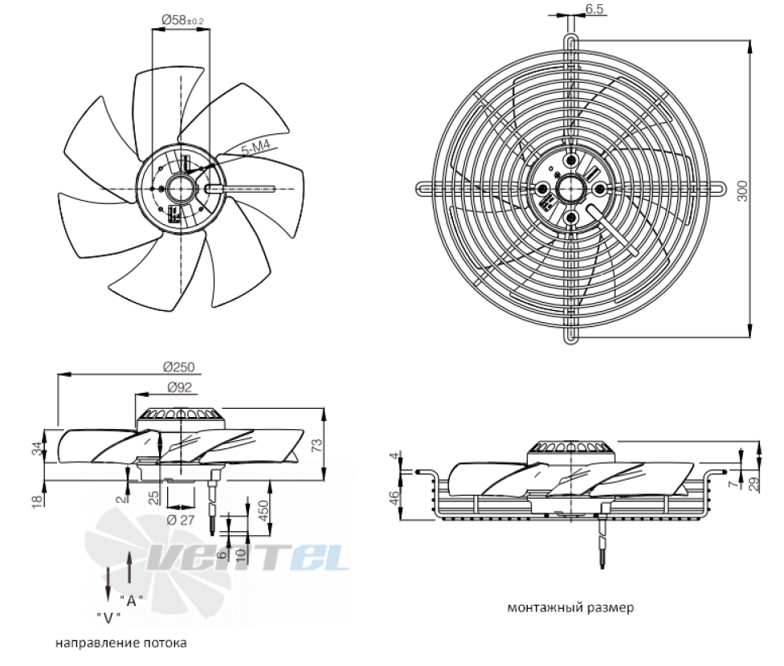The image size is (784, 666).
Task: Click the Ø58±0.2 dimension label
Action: (x=182, y=20)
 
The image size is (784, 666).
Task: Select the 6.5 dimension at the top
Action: (x=594, y=9)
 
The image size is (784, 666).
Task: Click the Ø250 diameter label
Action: (x=178, y=367)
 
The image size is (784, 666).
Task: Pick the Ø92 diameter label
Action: (x=179, y=387)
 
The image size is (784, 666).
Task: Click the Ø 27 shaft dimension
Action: (x=181, y=520)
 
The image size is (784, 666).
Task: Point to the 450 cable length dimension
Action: (x=263, y=509)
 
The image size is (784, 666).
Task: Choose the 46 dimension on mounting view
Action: (x=394, y=498)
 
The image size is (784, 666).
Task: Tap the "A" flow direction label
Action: (x=132, y=600)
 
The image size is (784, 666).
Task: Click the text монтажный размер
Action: (x=570, y=608)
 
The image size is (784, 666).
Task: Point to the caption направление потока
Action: (x=121, y=643)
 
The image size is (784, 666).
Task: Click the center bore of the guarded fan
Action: (x=570, y=189)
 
